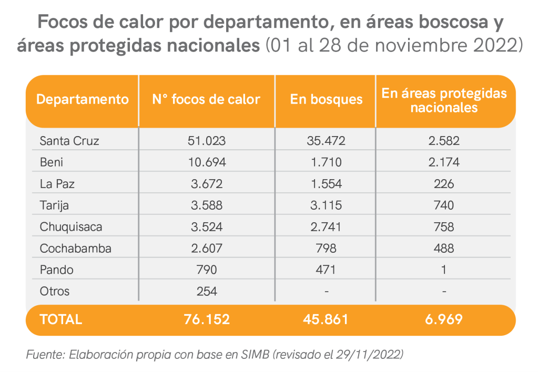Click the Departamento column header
(x=82, y=99)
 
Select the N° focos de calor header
(x=206, y=99)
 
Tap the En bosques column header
(x=326, y=99)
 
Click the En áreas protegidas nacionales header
(x=444, y=100)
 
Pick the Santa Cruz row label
(x=69, y=141)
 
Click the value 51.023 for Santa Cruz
(x=207, y=141)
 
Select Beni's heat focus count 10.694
(x=207, y=162)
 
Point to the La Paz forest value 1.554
(x=326, y=184)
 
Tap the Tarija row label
(x=54, y=205)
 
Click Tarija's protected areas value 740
(x=445, y=205)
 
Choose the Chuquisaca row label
(x=71, y=227)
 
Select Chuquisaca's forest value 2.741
(x=326, y=227)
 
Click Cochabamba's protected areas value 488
(x=445, y=249)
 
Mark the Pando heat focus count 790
(x=207, y=270)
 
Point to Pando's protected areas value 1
(x=445, y=270)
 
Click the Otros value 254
(x=207, y=291)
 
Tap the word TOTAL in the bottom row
(x=60, y=319)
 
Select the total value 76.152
(x=207, y=319)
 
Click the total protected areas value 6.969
(x=445, y=319)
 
